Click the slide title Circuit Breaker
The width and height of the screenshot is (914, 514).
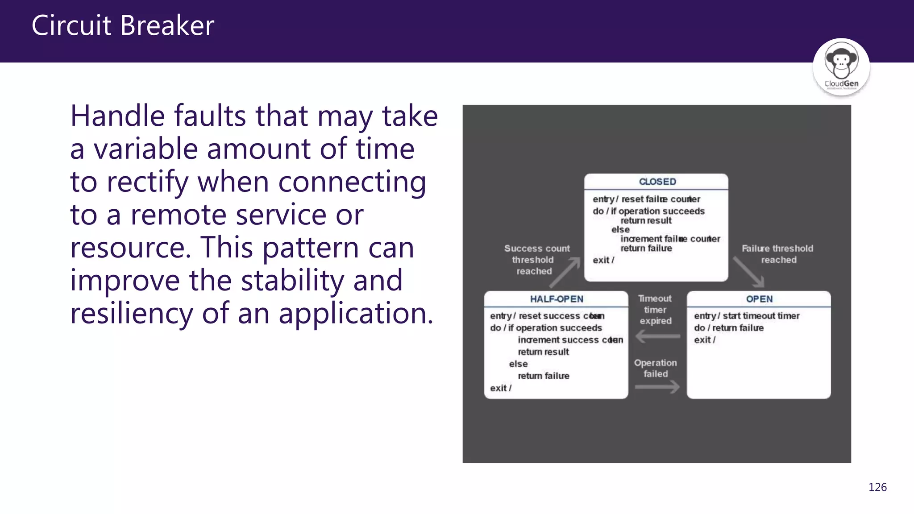tap(123, 25)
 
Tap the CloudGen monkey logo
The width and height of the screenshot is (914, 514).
tap(841, 67)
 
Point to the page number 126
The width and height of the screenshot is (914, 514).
tap(877, 487)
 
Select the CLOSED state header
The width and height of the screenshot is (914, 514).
tap(657, 182)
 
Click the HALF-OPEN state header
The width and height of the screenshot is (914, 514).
tap(556, 299)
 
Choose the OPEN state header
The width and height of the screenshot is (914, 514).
tap(759, 299)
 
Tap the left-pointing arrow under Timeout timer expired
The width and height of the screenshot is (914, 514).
tap(657, 336)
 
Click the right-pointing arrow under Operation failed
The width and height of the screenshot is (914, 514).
tap(657, 387)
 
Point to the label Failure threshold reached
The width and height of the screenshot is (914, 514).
tap(777, 254)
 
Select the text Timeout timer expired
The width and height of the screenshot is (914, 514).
tap(655, 310)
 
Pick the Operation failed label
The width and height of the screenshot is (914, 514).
tap(655, 368)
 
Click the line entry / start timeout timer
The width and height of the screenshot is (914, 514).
tap(746, 316)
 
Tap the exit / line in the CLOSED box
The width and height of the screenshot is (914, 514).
tap(603, 260)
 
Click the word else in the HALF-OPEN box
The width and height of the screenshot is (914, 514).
tap(518, 364)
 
